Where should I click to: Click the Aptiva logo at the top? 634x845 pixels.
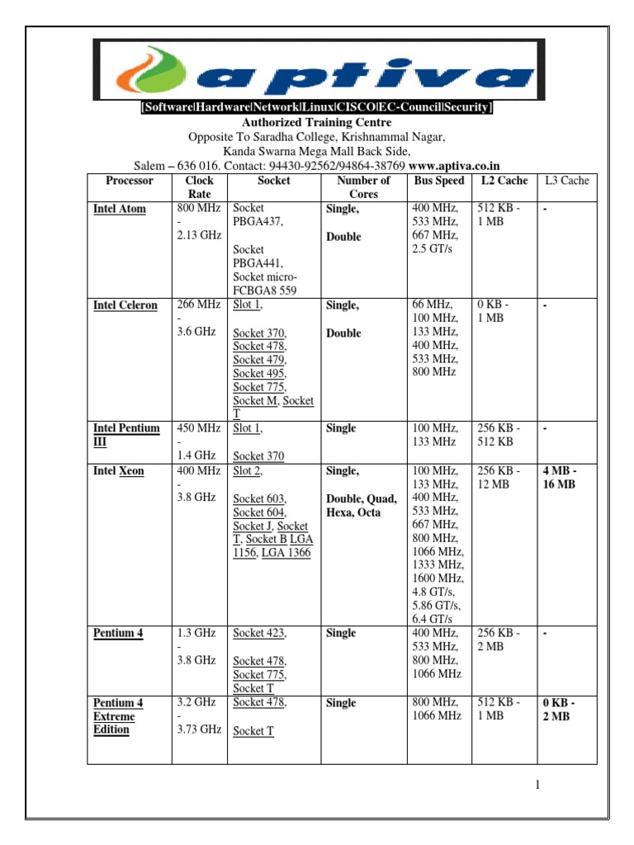coord(318,69)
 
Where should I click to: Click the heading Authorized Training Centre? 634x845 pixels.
coord(317,122)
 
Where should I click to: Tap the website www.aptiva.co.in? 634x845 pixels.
coord(455,165)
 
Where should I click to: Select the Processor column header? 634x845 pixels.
coord(130,180)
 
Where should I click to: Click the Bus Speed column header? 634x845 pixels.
coord(440,180)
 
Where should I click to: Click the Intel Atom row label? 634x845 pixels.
coord(120,209)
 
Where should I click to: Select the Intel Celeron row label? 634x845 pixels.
coord(125,305)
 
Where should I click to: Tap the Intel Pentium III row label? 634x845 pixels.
coord(126,435)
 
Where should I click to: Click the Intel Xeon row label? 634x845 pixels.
coord(119,470)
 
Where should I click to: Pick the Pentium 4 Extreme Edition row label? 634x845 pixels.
coord(118,716)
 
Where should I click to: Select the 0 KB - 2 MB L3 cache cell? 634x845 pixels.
coord(559,710)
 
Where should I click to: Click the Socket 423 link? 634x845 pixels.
coord(260,633)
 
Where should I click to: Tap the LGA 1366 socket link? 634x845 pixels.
coord(286,553)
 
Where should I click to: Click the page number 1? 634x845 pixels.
coord(537,785)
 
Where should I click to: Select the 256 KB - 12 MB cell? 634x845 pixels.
coord(499,477)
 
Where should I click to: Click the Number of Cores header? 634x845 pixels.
coord(364,187)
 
